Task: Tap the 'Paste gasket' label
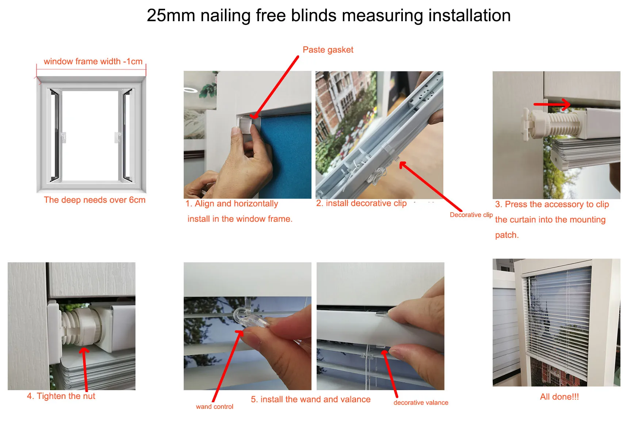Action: click(x=328, y=50)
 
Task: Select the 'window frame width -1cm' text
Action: click(x=93, y=61)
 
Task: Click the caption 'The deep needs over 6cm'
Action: click(x=95, y=200)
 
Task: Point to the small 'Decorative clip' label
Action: click(x=471, y=215)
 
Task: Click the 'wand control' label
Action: click(x=214, y=407)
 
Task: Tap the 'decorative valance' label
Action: click(x=421, y=403)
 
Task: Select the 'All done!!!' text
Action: click(x=559, y=397)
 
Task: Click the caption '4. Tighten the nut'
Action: click(x=61, y=396)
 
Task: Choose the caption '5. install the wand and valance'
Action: click(x=310, y=399)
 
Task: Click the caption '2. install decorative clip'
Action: click(x=361, y=203)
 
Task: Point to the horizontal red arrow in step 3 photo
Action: click(x=552, y=104)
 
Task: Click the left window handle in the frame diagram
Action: click(x=63, y=137)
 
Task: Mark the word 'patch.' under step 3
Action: click(x=507, y=235)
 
